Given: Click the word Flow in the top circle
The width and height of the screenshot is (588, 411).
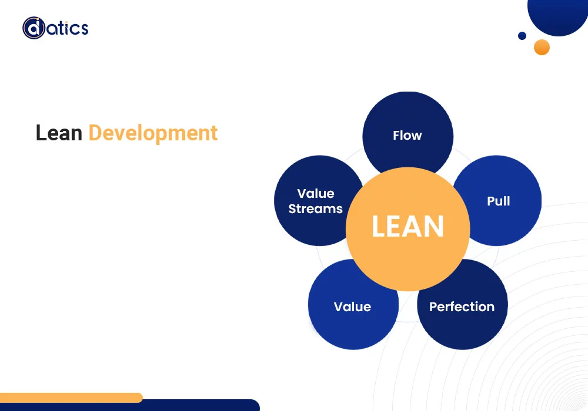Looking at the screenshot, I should click(407, 136).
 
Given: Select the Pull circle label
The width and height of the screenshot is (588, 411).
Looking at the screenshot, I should click(498, 201).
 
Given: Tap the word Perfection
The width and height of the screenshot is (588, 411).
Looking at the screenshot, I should click(462, 306).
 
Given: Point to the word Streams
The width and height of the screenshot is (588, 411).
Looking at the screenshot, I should click(316, 209).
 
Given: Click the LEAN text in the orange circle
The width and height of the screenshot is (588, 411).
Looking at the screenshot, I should click(407, 227).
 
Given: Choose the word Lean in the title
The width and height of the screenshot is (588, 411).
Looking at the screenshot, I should click(59, 133).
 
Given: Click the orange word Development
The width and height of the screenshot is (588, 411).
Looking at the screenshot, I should click(153, 133).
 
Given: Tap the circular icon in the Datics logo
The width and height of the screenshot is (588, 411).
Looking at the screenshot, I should click(34, 28).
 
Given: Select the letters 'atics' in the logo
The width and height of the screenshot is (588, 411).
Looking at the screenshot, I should click(67, 28).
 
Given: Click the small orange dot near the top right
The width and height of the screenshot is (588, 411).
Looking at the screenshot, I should click(542, 47).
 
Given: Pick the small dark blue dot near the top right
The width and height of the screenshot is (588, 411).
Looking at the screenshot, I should click(522, 36).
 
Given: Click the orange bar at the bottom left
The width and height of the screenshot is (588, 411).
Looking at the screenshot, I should click(71, 397).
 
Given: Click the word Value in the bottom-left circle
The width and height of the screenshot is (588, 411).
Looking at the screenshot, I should click(352, 306).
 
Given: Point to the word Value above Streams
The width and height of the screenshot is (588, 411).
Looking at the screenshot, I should click(316, 194).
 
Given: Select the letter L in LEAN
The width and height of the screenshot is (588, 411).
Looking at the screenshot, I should click(379, 227).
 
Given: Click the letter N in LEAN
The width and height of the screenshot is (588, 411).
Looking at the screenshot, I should click(435, 227).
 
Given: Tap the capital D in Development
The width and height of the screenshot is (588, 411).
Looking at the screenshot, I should click(94, 133).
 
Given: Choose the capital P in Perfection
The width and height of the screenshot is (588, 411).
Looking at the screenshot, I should click(433, 306).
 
